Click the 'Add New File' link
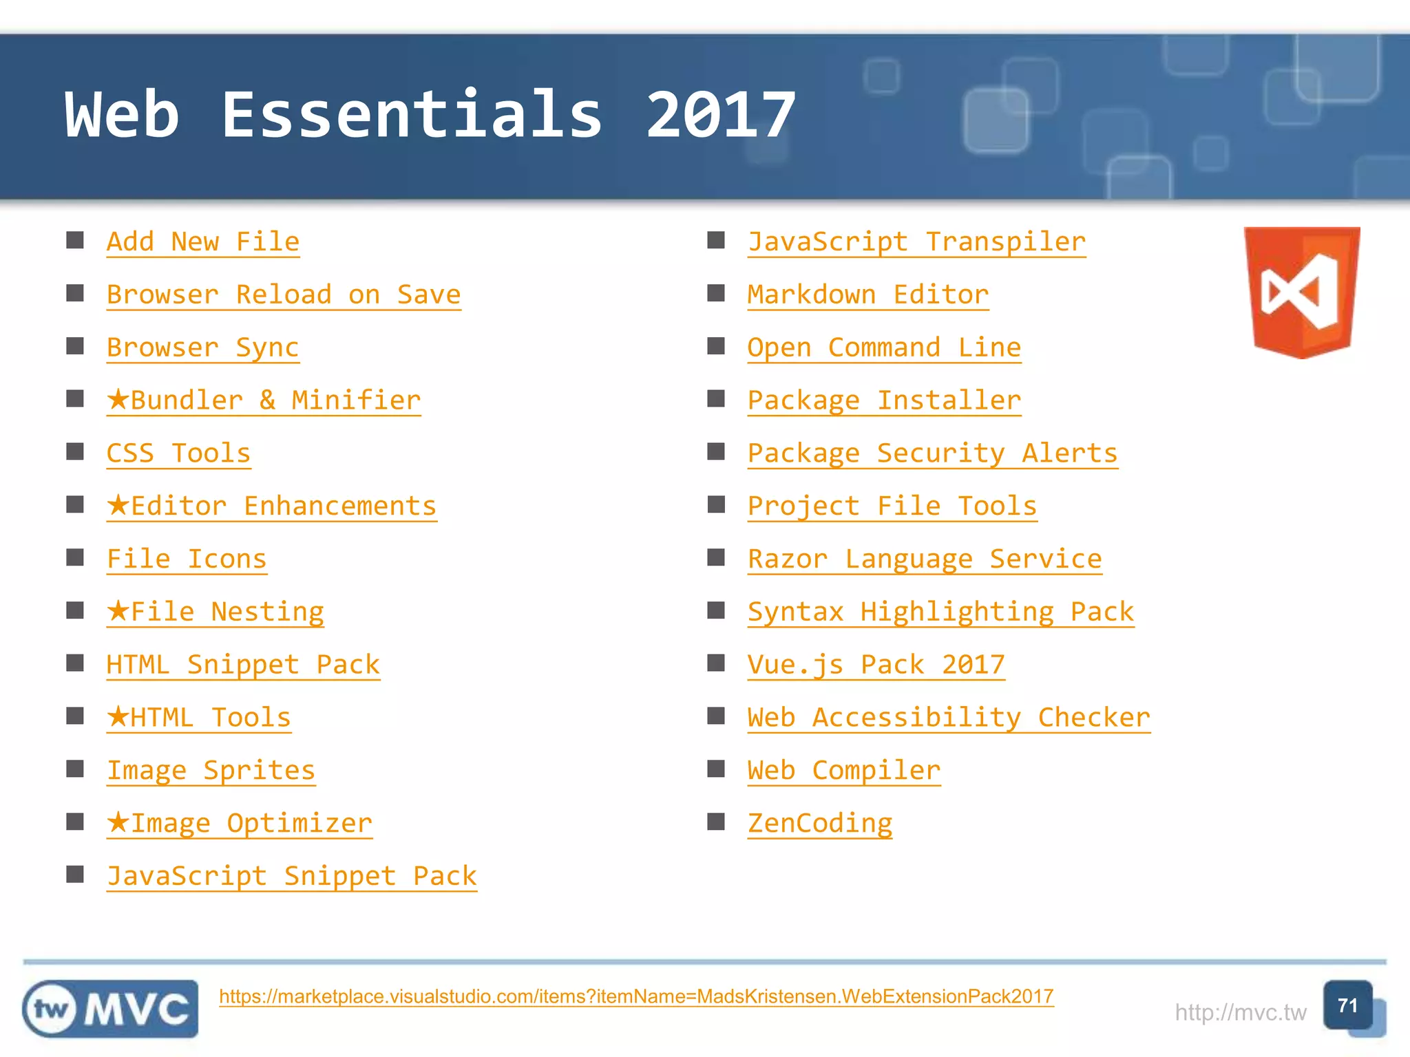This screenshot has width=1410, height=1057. tap(203, 242)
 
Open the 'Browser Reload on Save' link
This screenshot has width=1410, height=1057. tap(284, 295)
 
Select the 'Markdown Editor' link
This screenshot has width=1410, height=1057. tap(868, 295)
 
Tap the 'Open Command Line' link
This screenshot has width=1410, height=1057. tap(884, 348)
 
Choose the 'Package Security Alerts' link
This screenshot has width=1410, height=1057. tap(932, 453)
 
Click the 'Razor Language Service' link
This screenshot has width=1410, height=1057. tap(925, 559)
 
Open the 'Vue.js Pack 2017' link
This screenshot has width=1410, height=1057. tap(876, 665)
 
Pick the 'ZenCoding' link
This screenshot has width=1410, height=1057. tap(820, 823)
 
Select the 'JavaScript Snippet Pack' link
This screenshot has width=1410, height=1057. tap(292, 876)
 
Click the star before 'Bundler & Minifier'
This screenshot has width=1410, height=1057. tap(118, 399)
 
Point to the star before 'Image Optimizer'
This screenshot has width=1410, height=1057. tap(118, 822)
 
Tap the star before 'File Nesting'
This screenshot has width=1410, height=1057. tap(118, 610)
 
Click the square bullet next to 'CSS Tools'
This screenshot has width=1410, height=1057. tap(75, 452)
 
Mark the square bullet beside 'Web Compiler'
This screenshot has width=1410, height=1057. tap(716, 769)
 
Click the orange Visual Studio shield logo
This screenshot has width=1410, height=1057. tap(1301, 292)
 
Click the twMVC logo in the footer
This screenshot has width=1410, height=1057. tap(110, 1009)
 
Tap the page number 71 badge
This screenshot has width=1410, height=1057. tap(1347, 1006)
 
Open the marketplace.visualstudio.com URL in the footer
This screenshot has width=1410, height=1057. tap(636, 996)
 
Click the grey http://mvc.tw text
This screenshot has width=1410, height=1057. tap(1240, 1012)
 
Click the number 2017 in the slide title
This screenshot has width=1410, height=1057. tap(721, 115)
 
